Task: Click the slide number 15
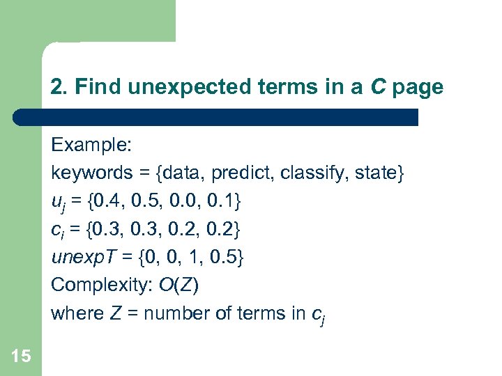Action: pos(22,357)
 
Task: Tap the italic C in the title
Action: pos(378,87)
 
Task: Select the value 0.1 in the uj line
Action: pos(221,201)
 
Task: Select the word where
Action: pos(77,313)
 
